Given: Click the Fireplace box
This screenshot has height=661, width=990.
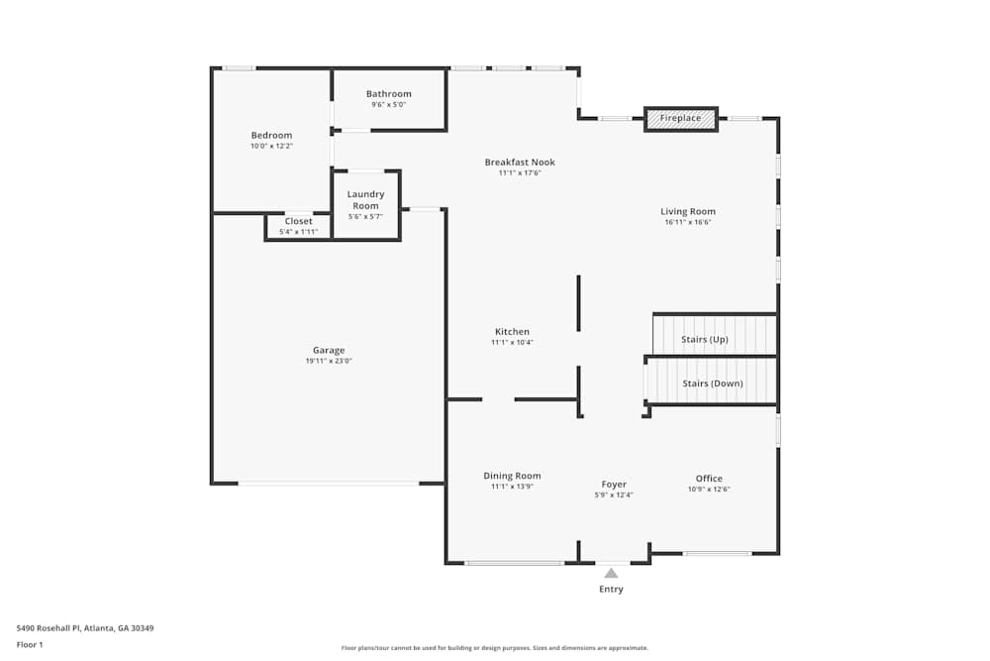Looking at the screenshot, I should [x=681, y=119].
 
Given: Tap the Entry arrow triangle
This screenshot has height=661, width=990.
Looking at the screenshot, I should [x=611, y=573].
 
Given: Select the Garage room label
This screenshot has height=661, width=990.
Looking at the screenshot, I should [x=329, y=350].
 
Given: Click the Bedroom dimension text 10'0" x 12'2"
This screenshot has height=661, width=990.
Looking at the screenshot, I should [x=271, y=147].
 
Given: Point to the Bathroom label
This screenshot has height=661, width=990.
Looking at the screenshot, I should [x=388, y=94].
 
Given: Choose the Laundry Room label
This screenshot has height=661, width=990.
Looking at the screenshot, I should [x=365, y=200].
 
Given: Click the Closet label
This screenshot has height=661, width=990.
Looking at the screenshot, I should [x=298, y=221].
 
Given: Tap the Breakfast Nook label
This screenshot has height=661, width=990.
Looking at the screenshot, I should [x=520, y=162].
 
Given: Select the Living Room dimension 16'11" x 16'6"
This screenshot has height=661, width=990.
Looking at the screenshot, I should [x=688, y=222].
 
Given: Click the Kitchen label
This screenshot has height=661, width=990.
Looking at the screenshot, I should [x=512, y=331].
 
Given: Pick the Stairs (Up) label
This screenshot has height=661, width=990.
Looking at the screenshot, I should [x=705, y=339].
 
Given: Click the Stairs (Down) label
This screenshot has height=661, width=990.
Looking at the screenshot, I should [x=712, y=384].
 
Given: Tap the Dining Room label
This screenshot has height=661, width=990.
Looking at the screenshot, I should [x=512, y=476].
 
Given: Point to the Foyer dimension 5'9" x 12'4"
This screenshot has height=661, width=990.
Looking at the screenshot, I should [x=614, y=495].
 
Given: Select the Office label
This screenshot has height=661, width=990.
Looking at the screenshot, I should [x=709, y=478].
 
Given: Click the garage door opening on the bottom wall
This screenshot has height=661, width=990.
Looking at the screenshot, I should [x=329, y=484].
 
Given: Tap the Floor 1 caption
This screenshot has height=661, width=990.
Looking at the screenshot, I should [x=30, y=644].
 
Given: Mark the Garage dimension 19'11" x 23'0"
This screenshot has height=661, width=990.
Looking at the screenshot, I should [x=329, y=362].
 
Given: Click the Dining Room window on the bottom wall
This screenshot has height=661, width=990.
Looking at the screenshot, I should [x=515, y=563].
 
